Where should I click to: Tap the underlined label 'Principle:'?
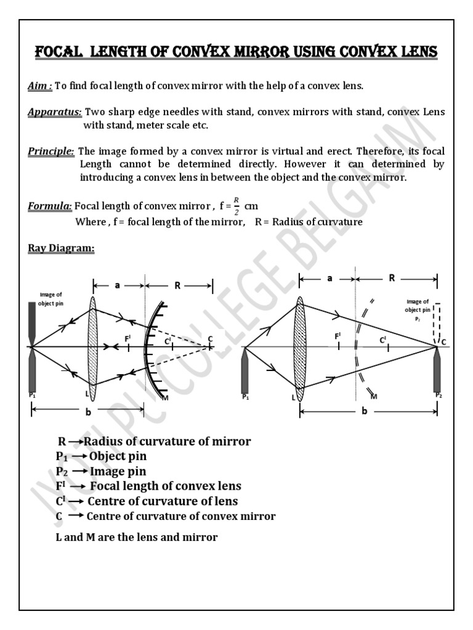(52, 151)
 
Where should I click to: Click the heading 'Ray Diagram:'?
(61, 249)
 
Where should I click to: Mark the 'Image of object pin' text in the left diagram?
(51, 299)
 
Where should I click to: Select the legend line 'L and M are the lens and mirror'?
(136, 537)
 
